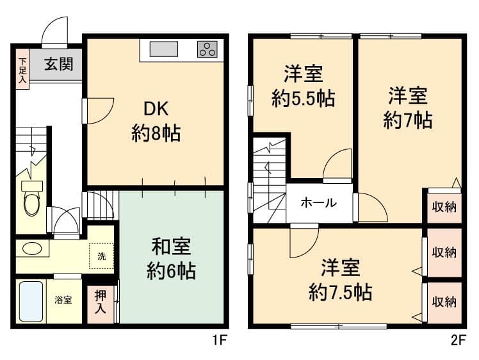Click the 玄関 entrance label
click(x=59, y=64)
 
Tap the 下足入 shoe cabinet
click(x=23, y=69)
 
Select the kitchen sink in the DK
click(x=164, y=49)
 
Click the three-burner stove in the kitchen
click(x=207, y=49)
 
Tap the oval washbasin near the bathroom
click(x=33, y=249)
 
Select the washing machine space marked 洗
click(x=101, y=256)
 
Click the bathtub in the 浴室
click(x=31, y=301)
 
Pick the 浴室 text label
click(x=63, y=300)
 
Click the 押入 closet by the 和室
click(x=101, y=304)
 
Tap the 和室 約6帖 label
click(x=171, y=259)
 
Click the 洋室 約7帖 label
click(x=408, y=108)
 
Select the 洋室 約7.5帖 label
click(x=340, y=280)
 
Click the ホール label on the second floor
click(x=319, y=202)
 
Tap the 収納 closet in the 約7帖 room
click(x=444, y=208)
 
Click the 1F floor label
click(x=219, y=340)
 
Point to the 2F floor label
click(x=459, y=340)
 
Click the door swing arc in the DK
click(x=106, y=115)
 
